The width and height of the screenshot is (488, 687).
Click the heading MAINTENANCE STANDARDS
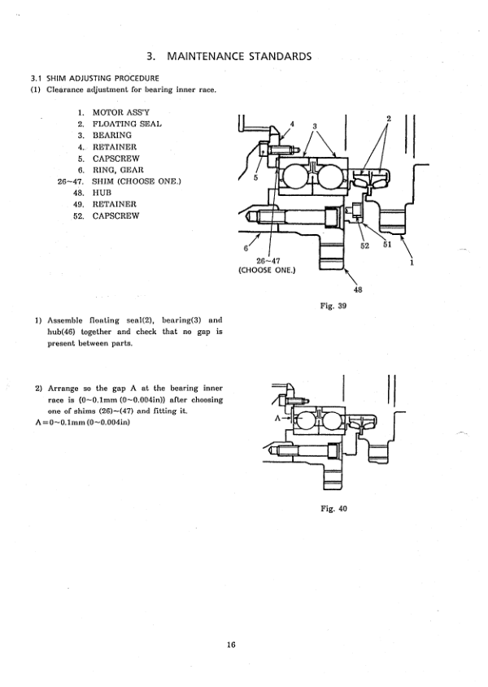click(x=239, y=57)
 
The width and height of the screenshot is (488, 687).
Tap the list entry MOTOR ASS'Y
click(x=120, y=112)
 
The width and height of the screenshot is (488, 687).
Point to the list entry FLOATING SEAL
click(x=127, y=124)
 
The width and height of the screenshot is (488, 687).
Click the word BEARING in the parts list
click(x=111, y=136)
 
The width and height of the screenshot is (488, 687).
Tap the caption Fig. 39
click(x=333, y=306)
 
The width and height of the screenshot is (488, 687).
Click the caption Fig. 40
click(x=333, y=509)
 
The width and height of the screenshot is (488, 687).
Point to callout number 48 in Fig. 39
click(x=358, y=289)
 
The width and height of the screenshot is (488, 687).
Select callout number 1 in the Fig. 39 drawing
click(x=412, y=263)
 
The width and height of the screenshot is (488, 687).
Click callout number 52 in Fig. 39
click(x=365, y=246)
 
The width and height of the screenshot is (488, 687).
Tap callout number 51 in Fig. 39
click(x=386, y=245)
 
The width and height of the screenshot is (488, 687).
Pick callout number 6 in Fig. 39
click(x=246, y=248)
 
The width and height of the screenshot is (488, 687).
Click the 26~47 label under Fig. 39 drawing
click(x=268, y=261)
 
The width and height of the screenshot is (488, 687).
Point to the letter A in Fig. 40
click(x=277, y=419)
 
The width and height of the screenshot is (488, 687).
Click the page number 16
click(x=232, y=645)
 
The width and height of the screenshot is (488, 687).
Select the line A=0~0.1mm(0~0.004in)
click(x=82, y=423)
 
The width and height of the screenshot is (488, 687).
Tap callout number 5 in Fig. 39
click(x=255, y=177)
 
